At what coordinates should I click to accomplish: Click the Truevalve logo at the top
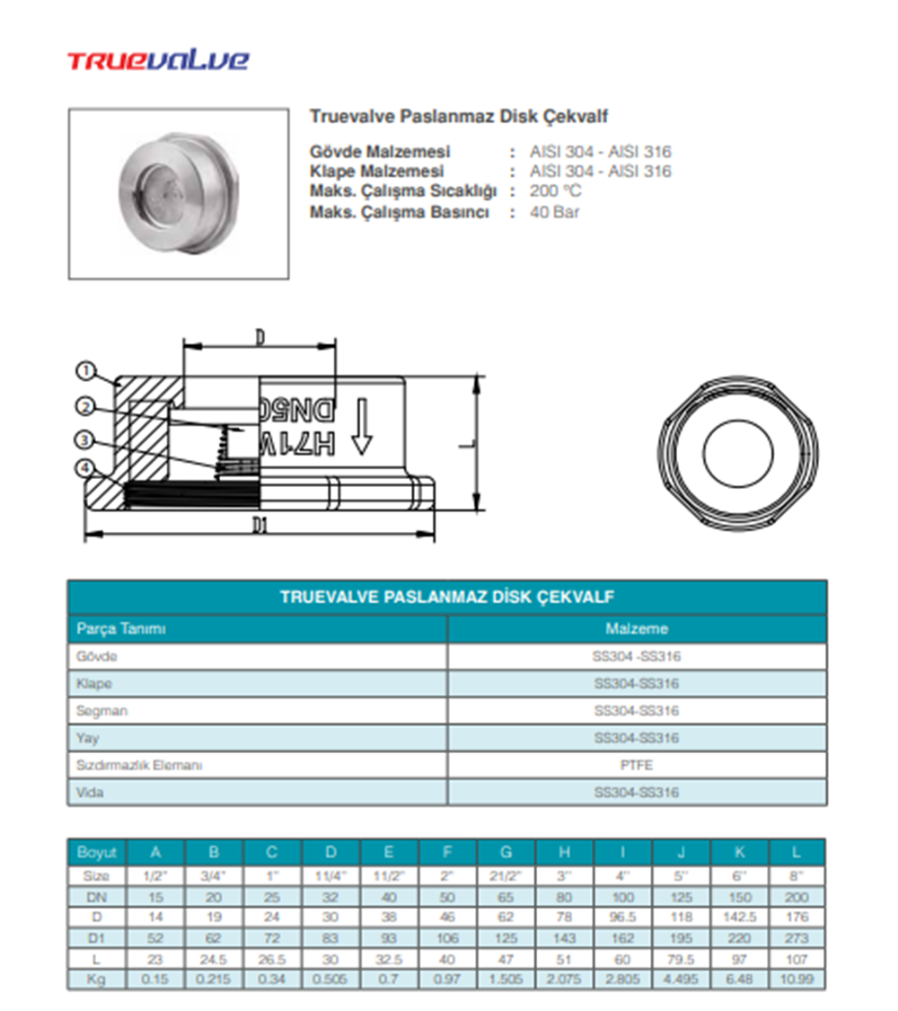point(158,61)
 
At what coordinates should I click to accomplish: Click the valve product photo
point(179,192)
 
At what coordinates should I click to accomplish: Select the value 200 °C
point(555,191)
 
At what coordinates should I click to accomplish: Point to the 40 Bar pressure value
point(554,212)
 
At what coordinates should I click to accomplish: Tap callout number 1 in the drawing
point(86,370)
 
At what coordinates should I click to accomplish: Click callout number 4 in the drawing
point(85,468)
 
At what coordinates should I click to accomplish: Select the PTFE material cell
point(637,766)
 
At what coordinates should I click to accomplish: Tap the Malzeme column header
point(637,629)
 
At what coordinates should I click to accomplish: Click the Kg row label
point(96,979)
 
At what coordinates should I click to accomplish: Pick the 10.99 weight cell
point(797,979)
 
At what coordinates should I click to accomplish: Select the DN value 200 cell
point(797,897)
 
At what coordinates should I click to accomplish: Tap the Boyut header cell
point(96,852)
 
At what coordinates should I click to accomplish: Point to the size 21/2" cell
point(506,875)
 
